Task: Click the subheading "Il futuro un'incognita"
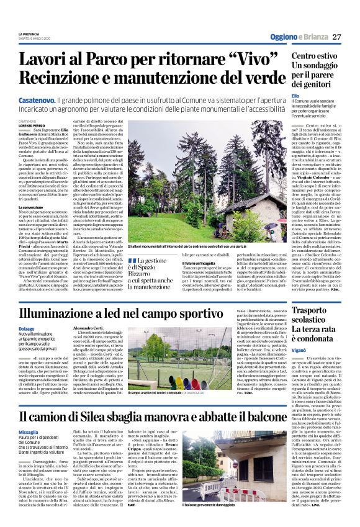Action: coord(198,264)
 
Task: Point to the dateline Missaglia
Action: coord(28,433)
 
